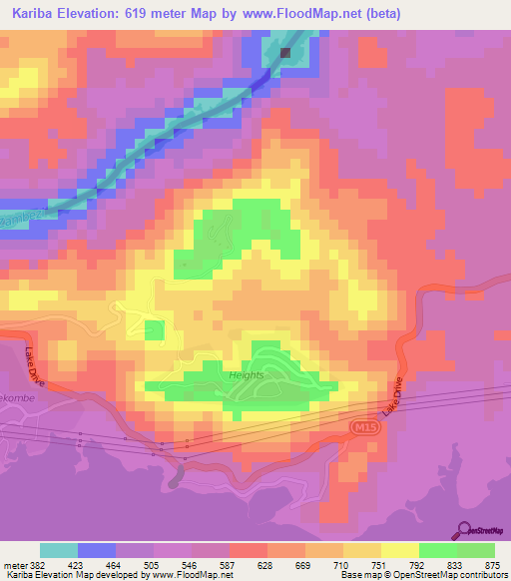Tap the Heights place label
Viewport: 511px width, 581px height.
click(246, 375)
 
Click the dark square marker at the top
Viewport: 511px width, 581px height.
click(286, 53)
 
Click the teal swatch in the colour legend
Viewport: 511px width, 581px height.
click(59, 550)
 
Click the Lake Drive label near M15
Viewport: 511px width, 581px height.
click(393, 396)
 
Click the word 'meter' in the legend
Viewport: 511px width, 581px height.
click(15, 563)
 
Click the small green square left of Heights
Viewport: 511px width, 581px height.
click(154, 330)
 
